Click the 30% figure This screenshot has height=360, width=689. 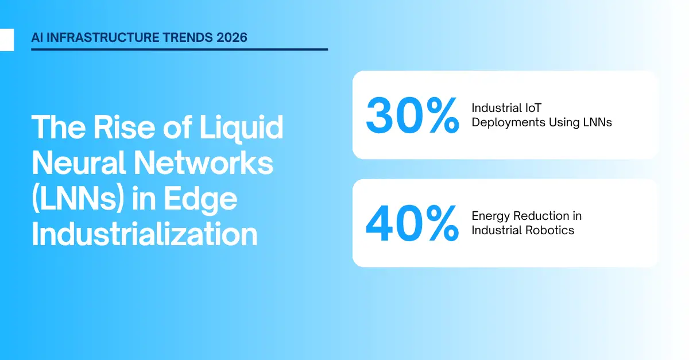(412, 115)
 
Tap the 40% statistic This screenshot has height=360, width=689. (412, 223)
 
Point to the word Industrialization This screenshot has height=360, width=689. (144, 235)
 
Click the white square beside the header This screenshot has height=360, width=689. (6, 40)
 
